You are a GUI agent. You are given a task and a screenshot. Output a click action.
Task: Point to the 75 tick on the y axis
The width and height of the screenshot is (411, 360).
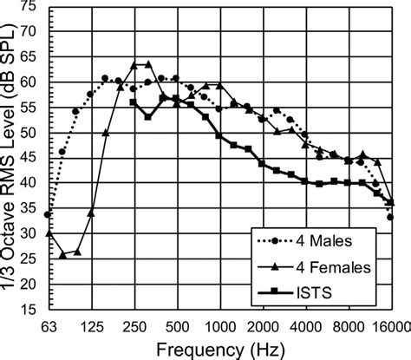coord(29,7)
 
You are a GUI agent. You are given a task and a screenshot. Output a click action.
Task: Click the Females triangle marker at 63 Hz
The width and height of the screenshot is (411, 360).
coord(49,233)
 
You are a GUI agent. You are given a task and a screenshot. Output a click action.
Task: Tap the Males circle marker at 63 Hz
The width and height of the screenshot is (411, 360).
coord(49,214)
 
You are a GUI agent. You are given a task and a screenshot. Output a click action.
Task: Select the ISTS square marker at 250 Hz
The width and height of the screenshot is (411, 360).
coord(134,102)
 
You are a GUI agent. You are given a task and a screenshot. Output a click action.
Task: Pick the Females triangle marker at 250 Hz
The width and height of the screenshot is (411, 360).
coord(134,65)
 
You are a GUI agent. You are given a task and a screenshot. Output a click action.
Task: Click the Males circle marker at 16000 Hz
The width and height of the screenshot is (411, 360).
coord(390,217)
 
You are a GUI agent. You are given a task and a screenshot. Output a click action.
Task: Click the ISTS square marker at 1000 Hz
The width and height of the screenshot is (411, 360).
coord(219,136)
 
